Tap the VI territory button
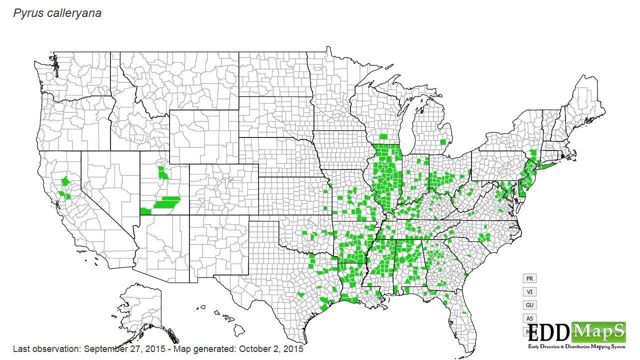click(x=529, y=291)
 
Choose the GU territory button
click(x=529, y=305)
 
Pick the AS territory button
click(x=529, y=318)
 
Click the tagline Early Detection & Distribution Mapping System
click(x=576, y=346)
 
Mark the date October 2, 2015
click(x=272, y=348)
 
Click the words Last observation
click(x=45, y=348)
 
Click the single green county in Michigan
click(x=443, y=142)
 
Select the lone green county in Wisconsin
click(x=383, y=136)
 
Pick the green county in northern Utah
click(x=163, y=173)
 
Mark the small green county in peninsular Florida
click(x=464, y=313)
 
